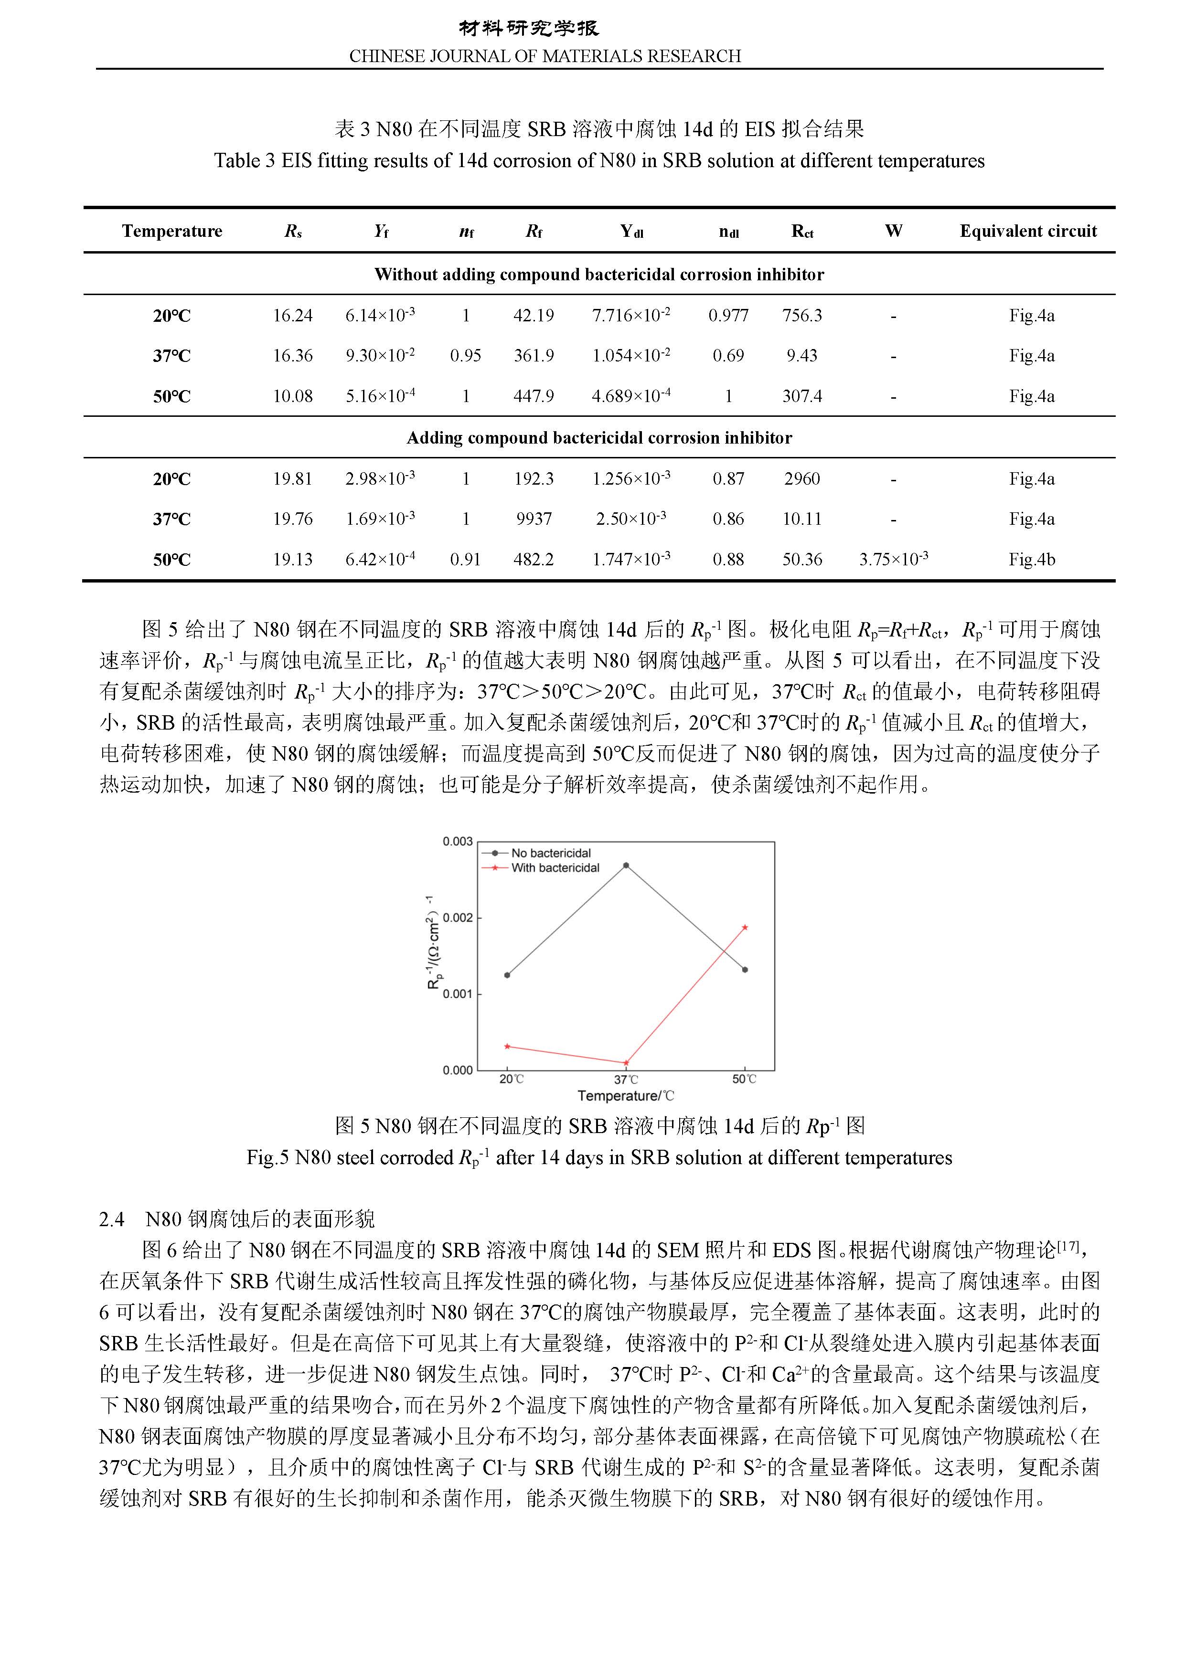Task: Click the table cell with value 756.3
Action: click(802, 316)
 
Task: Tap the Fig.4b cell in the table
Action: click(1031, 560)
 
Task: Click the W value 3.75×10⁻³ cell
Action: click(893, 560)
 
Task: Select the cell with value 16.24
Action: click(293, 316)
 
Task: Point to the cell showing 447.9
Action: click(534, 396)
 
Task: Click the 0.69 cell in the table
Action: click(728, 356)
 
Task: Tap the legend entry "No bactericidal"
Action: click(550, 853)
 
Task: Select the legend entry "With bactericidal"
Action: click(555, 868)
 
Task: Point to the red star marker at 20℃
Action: click(508, 1046)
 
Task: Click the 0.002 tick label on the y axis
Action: click(458, 918)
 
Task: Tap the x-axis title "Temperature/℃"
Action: click(625, 1096)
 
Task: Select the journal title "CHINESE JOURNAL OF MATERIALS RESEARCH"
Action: click(545, 56)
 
